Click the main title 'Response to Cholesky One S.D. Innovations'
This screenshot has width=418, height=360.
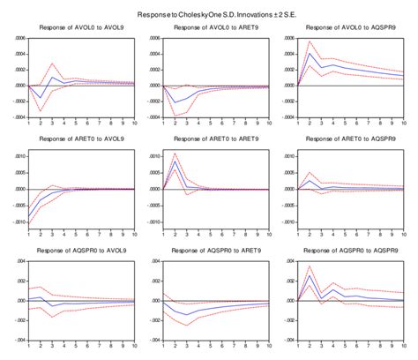pos(209,16)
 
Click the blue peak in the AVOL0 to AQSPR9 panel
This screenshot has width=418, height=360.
pos(310,54)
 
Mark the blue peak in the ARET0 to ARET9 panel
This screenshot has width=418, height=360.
pos(175,161)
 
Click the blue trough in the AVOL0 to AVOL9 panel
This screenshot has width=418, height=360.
pos(41,98)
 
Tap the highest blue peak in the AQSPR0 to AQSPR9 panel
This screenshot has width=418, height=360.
pos(310,276)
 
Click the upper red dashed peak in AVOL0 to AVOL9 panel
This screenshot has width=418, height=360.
pos(53,64)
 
